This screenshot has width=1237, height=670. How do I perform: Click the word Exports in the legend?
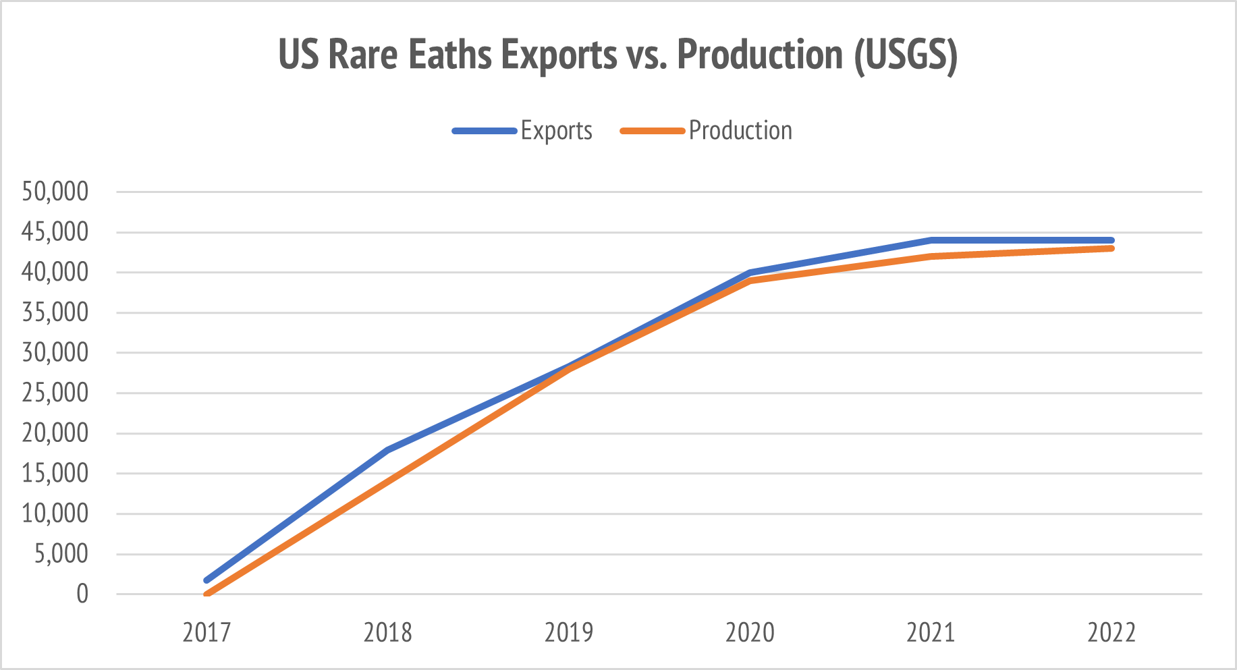[x=556, y=130]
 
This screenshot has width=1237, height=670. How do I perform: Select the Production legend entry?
[x=740, y=130]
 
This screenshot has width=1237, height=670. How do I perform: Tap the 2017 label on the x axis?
[x=207, y=633]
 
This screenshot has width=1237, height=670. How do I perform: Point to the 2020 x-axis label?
[x=750, y=633]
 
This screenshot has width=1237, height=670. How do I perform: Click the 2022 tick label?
[x=1111, y=633]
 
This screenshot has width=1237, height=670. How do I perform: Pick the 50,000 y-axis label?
[x=55, y=192]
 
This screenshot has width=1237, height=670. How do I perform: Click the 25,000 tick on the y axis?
[x=55, y=393]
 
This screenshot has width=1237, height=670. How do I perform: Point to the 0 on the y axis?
[x=82, y=594]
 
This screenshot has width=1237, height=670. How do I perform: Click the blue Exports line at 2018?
[x=388, y=449]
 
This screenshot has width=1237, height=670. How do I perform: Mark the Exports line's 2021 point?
[x=931, y=240]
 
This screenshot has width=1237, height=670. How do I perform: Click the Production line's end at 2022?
[x=1111, y=248]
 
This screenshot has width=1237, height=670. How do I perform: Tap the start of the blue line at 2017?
[x=207, y=580]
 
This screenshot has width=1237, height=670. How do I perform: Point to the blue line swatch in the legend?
[x=485, y=131]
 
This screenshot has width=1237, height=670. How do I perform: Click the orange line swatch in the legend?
[x=652, y=131]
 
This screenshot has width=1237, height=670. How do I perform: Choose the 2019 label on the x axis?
[x=568, y=633]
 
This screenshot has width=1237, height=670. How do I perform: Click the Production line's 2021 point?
[x=931, y=256]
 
